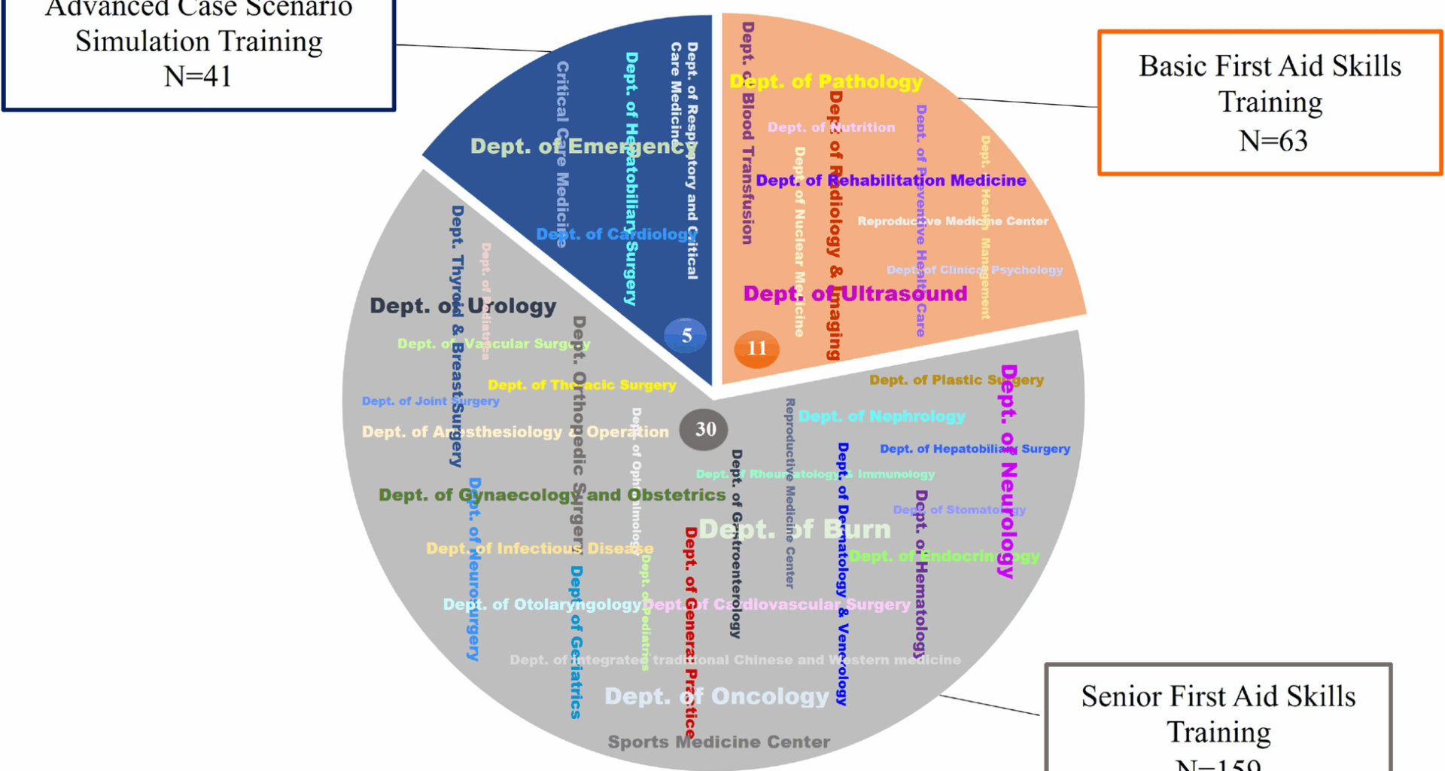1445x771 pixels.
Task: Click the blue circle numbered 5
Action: tap(686, 336)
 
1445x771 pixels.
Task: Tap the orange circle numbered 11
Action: tap(756, 349)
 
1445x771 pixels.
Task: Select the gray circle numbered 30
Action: tap(704, 429)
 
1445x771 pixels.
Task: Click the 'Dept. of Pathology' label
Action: tap(826, 81)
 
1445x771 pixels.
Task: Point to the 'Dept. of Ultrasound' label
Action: tap(855, 294)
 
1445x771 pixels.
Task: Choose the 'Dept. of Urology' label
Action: tap(463, 306)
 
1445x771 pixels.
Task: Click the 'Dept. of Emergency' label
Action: tap(583, 146)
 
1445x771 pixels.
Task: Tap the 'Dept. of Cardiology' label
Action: tap(616, 234)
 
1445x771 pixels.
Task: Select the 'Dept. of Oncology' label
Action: tap(716, 696)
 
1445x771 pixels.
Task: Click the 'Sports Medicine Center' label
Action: tap(719, 742)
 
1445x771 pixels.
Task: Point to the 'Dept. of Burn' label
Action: tap(795, 529)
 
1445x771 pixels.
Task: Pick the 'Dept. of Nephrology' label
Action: tap(881, 416)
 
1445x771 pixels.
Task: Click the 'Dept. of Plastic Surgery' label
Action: tap(956, 379)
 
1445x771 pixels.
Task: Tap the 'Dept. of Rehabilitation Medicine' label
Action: tap(891, 180)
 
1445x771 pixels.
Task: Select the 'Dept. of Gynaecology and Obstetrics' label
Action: tap(552, 495)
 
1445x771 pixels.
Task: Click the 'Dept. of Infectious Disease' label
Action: tap(540, 548)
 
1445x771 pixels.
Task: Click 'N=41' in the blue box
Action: tap(198, 76)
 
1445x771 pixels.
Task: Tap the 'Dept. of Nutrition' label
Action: tap(831, 127)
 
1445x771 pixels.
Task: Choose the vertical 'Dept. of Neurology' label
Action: tap(1008, 471)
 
